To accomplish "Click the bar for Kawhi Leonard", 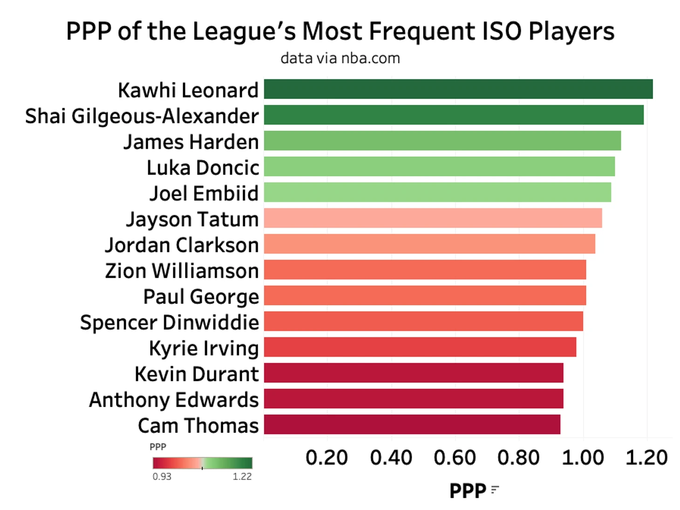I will point(458,89).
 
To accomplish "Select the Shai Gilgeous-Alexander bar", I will point(453,115).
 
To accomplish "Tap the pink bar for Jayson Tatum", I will point(433,218).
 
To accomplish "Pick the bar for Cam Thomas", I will point(412,425).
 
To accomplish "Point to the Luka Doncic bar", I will point(439,166).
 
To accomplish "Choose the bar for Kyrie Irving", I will point(420,347).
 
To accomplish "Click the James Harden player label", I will point(191,142).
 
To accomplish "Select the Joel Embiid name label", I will point(204,193).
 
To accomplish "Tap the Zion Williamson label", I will point(182,271).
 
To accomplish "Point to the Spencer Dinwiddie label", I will point(170,323).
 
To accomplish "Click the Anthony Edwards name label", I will point(174,400).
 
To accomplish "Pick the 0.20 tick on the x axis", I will point(326,458).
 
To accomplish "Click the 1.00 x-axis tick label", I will point(583,458).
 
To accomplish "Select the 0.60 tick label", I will point(455,458).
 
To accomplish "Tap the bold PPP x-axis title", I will point(468,491).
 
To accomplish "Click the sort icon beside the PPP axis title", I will point(495,489).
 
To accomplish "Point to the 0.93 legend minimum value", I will point(162,476).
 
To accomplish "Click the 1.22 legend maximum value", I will point(242,476).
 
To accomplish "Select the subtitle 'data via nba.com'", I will point(340,58).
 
